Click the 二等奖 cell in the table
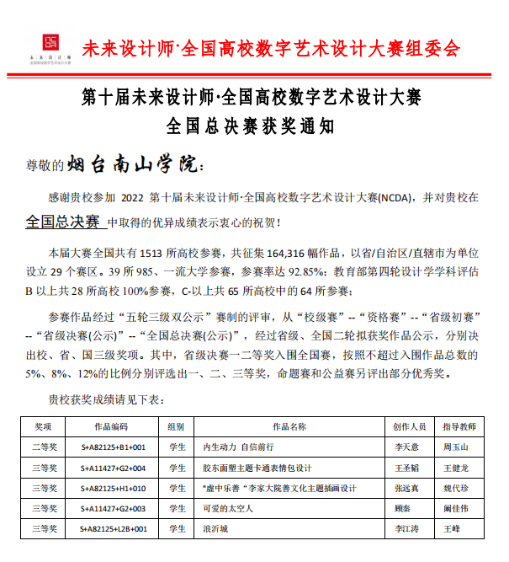pyautogui.click(x=43, y=446)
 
